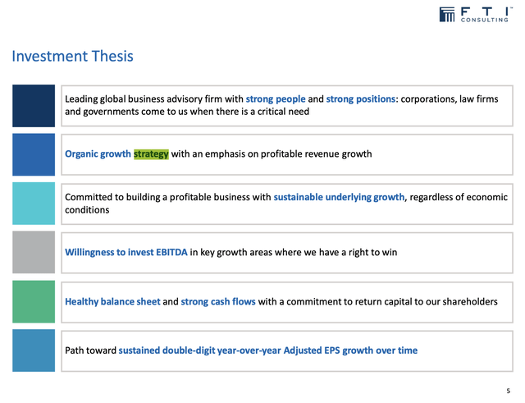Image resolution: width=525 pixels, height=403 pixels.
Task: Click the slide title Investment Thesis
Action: click(72, 57)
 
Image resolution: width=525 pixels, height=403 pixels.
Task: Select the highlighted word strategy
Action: click(151, 153)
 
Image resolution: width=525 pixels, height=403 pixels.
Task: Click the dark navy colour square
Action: click(34, 105)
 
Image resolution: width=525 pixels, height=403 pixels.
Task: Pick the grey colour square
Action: click(34, 252)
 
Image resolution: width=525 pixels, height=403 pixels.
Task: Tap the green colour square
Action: click(34, 301)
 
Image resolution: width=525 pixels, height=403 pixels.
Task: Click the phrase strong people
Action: click(275, 99)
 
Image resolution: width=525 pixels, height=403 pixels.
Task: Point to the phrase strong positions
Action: click(361, 99)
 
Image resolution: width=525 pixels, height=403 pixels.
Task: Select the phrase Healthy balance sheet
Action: click(112, 301)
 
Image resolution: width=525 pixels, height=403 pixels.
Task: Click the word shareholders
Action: click(466, 301)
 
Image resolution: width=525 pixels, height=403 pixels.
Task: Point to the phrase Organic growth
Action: click(98, 153)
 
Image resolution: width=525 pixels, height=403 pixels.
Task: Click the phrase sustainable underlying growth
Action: click(340, 197)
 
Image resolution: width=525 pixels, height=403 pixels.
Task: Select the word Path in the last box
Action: click(75, 350)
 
